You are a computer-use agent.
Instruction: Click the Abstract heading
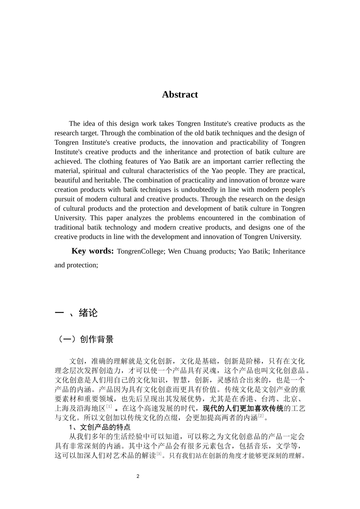click(x=180, y=94)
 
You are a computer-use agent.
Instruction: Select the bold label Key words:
click(x=92, y=251)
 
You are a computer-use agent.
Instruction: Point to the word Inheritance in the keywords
click(x=289, y=251)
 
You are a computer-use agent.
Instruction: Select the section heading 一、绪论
click(x=76, y=313)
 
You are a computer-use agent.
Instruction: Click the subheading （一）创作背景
click(x=84, y=339)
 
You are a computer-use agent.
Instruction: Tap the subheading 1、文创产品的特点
click(x=100, y=428)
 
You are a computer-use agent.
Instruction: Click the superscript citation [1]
click(x=109, y=406)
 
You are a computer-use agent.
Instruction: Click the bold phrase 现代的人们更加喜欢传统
click(x=243, y=409)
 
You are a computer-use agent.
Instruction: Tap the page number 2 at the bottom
click(x=138, y=476)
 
